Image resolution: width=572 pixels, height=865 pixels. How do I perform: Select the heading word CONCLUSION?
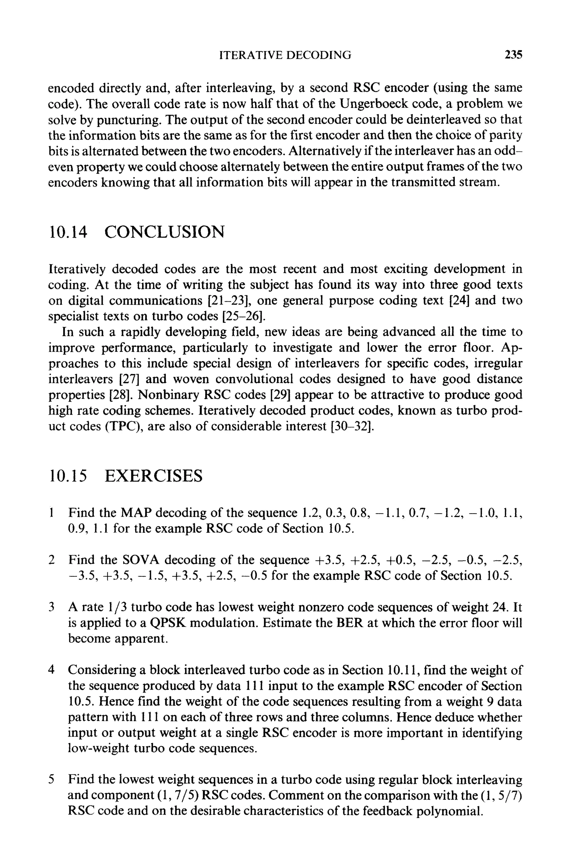[x=165, y=232]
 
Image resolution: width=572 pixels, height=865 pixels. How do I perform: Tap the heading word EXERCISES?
[x=153, y=476]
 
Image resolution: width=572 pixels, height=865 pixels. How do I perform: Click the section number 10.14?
[x=68, y=232]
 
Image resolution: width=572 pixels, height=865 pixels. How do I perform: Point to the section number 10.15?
[x=68, y=476]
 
